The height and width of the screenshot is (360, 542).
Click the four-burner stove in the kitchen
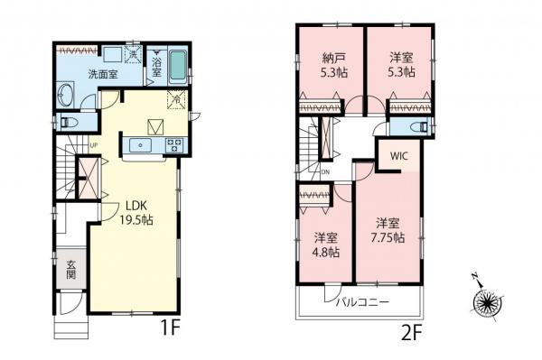pos(173,144)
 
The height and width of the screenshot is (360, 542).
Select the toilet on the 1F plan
pos(67,120)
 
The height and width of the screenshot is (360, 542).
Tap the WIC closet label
pos(398,154)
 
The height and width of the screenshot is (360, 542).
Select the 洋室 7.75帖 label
pos(388,229)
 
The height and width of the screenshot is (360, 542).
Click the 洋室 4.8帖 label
pos(326,245)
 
